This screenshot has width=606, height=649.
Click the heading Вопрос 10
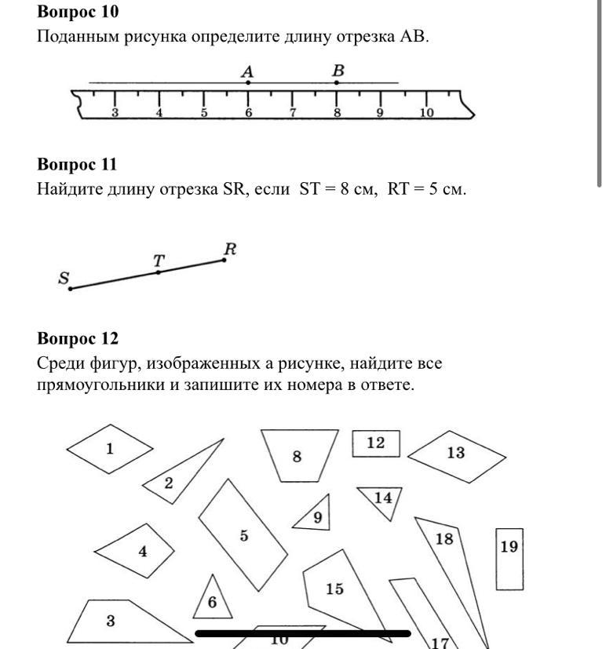click(x=78, y=12)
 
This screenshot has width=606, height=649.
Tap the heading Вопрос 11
click(x=77, y=164)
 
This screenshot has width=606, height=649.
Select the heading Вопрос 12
click(x=78, y=338)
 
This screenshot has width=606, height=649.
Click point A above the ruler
click(x=248, y=82)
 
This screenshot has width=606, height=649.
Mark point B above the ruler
click(x=338, y=82)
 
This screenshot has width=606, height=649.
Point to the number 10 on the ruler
click(x=426, y=112)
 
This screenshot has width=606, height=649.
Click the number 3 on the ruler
click(x=115, y=112)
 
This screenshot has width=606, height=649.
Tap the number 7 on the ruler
click(x=293, y=112)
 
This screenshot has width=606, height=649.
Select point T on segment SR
click(x=159, y=272)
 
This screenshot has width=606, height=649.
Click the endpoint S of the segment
click(x=71, y=289)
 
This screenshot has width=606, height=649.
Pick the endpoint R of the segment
click(x=224, y=259)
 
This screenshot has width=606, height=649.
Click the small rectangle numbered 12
click(x=376, y=443)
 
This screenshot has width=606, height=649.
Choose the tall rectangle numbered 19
click(x=509, y=559)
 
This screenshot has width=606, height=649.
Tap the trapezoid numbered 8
click(x=298, y=455)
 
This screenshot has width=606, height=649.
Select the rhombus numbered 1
click(x=110, y=449)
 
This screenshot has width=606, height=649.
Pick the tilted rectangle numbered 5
click(x=244, y=535)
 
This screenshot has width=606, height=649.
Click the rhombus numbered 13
click(x=456, y=454)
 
